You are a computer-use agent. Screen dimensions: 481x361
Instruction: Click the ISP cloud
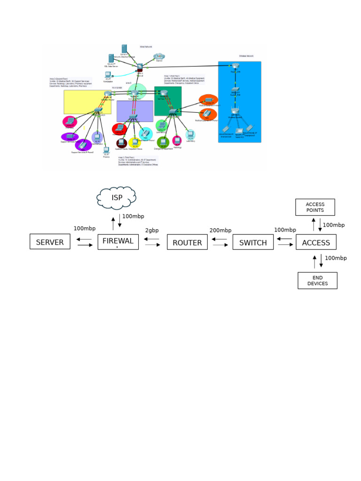click(117, 198)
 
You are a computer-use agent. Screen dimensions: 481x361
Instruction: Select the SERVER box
click(50, 242)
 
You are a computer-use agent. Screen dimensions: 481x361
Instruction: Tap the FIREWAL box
click(118, 241)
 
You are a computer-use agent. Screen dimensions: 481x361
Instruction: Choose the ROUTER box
click(187, 242)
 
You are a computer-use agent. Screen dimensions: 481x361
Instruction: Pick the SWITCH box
click(253, 242)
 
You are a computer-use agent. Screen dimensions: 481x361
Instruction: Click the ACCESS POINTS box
click(315, 207)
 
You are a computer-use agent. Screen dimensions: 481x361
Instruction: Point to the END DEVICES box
click(317, 280)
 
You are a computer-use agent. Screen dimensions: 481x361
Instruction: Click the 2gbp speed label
click(152, 231)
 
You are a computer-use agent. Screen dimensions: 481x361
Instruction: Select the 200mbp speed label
click(220, 230)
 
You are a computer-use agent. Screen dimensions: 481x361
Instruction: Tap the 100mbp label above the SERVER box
click(85, 229)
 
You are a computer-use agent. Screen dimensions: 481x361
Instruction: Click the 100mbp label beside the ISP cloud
click(133, 217)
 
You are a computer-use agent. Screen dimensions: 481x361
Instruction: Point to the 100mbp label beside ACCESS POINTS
click(334, 225)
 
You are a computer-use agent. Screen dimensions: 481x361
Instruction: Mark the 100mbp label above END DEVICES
click(336, 258)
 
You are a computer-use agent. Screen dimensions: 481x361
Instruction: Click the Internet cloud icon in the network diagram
click(159, 57)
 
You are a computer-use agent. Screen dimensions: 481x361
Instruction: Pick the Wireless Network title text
click(246, 56)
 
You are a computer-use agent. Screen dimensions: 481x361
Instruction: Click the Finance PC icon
click(106, 150)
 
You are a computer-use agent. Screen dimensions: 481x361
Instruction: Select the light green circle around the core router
click(137, 91)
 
